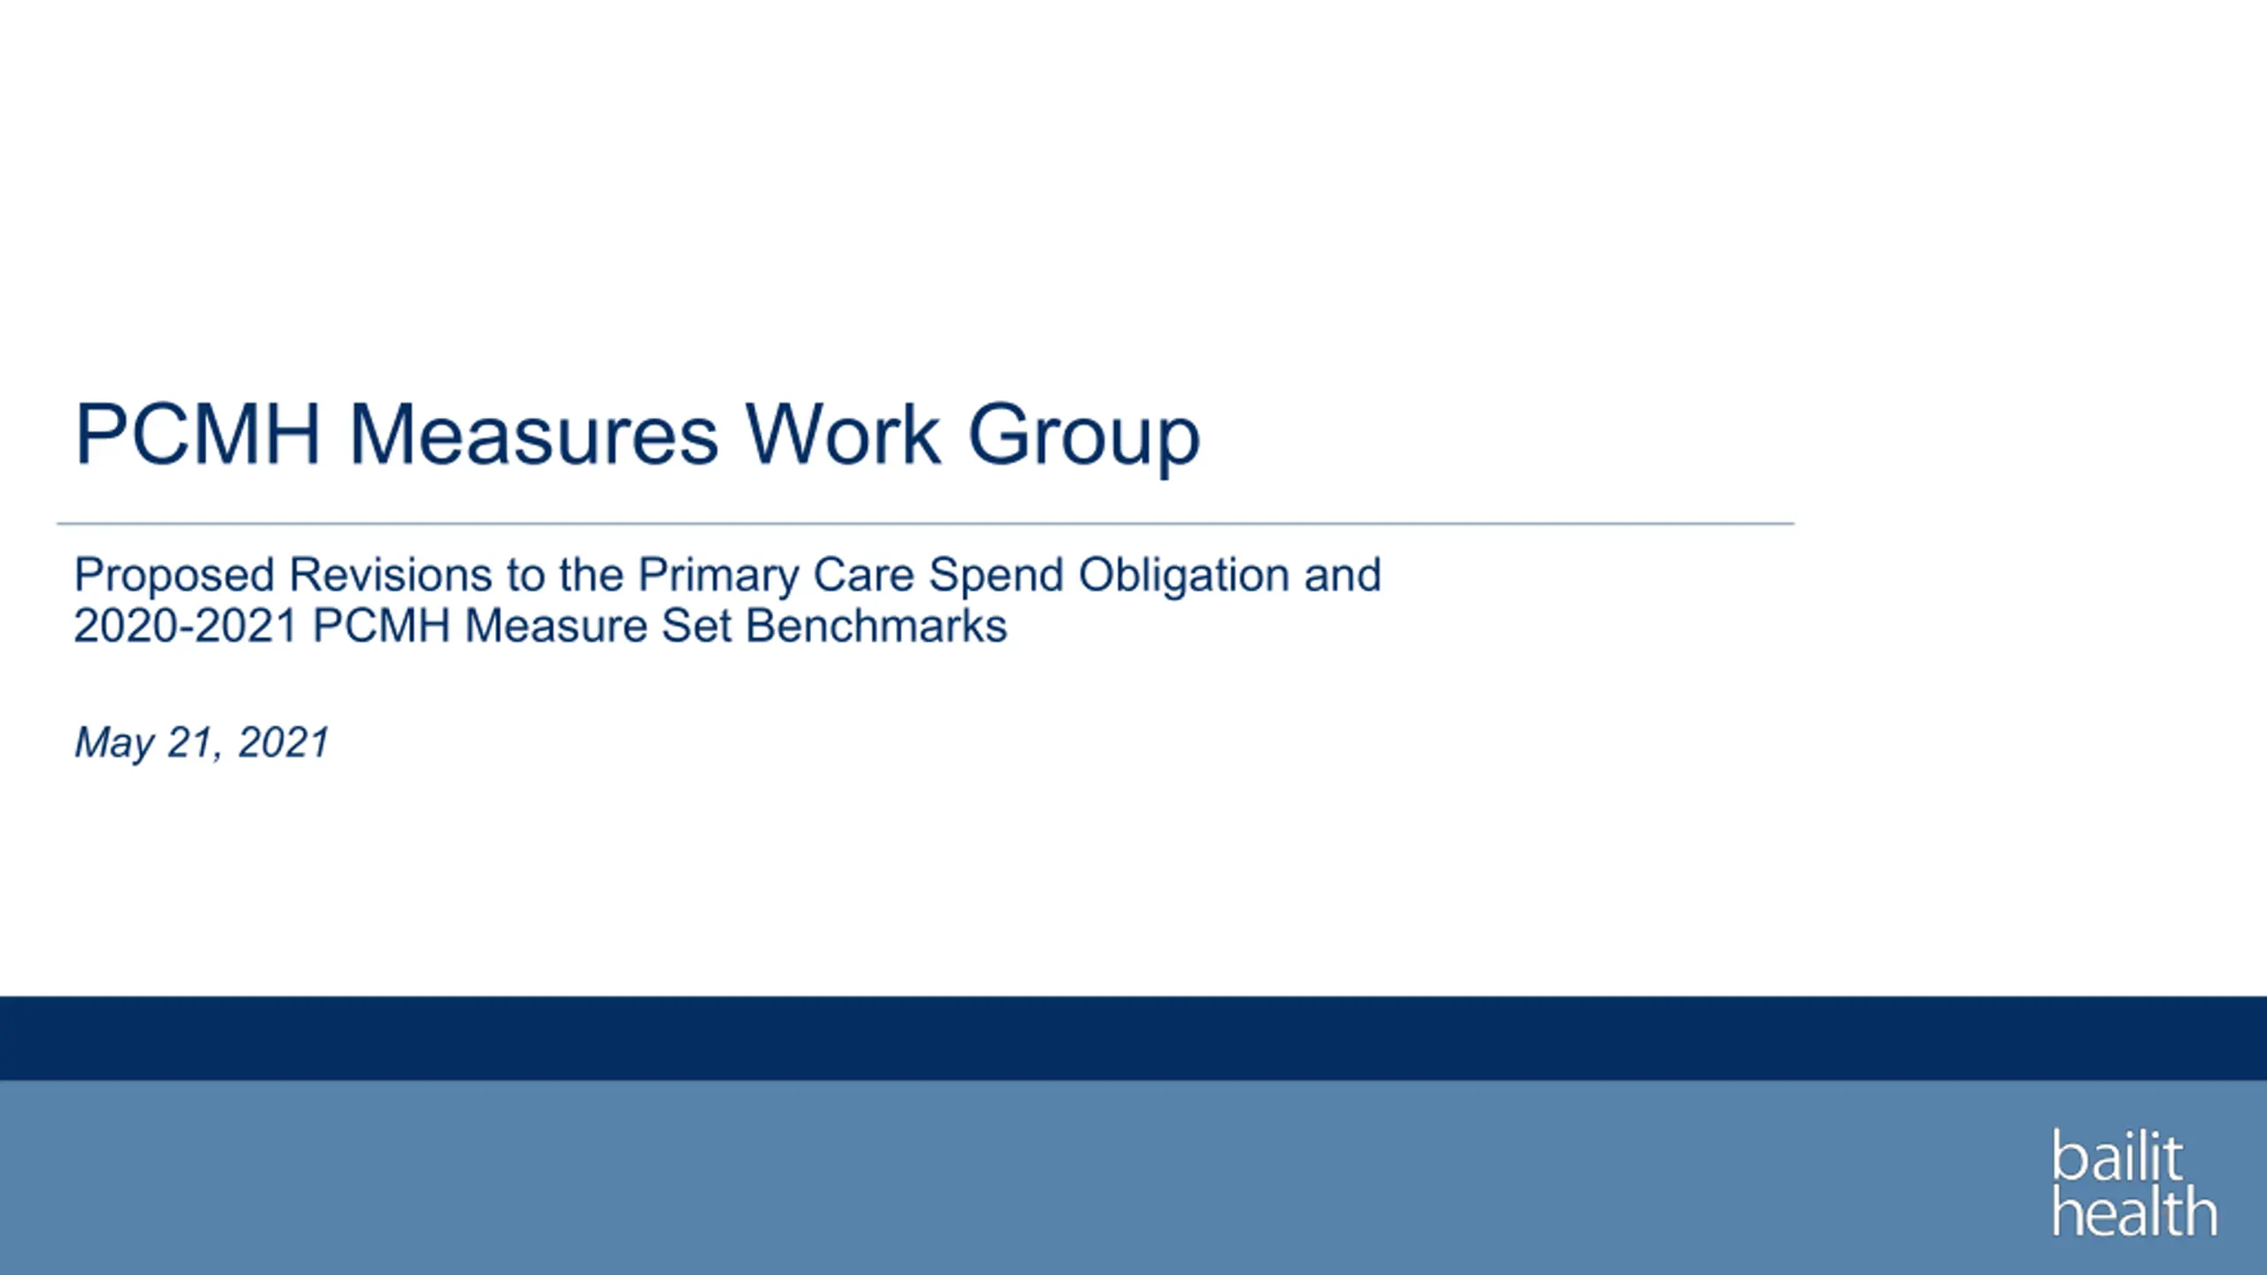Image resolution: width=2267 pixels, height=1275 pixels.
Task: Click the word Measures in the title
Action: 534,434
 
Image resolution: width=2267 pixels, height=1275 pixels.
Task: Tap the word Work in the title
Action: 842,434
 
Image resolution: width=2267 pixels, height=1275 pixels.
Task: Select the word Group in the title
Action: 1084,440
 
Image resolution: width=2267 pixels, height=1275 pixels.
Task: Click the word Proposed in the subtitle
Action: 174,576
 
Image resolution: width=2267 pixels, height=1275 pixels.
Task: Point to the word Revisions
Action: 391,575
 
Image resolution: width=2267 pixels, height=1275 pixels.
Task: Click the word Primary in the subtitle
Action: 718,576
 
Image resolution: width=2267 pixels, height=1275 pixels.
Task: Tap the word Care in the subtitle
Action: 863,575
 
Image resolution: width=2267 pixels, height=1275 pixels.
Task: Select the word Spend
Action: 996,576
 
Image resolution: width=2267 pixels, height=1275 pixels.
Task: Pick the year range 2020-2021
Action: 186,626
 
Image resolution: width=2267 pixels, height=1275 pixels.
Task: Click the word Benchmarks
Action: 877,626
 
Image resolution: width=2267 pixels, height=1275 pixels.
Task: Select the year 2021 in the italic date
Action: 283,742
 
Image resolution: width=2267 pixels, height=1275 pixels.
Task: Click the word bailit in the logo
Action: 2117,1155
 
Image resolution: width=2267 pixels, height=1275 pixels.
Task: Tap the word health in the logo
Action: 2135,1209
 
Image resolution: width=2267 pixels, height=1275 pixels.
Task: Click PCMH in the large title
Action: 197,434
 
